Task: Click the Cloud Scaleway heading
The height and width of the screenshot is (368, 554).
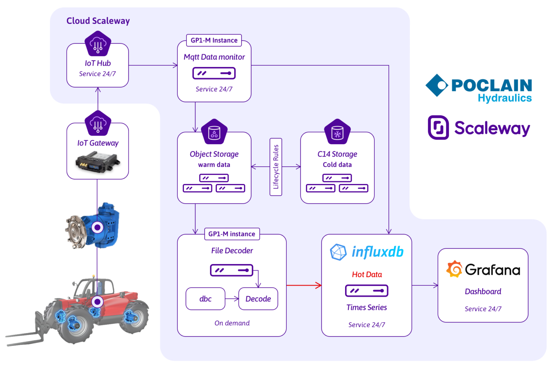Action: coord(98,21)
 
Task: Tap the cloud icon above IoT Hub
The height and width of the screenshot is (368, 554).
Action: coord(98,44)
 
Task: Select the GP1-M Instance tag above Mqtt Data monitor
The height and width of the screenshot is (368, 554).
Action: coord(214,40)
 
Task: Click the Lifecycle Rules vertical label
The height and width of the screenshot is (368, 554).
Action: coord(276,167)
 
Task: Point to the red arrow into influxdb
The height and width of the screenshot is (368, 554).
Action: coord(304,285)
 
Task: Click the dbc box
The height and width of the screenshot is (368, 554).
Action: coord(205,299)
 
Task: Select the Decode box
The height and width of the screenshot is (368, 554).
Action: coord(258,299)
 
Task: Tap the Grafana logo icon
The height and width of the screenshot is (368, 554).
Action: coord(454,269)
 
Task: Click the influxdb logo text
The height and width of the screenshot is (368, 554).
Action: coord(377,251)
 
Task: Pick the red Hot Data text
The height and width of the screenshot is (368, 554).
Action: coord(366,275)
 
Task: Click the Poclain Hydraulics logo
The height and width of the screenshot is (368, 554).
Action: coord(478,88)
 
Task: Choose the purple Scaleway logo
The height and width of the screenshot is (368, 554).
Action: coord(479,128)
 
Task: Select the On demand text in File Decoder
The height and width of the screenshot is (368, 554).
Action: coord(232,323)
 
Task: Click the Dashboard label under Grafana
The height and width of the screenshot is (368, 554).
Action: coord(483,292)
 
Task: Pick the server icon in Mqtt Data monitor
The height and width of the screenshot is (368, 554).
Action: coord(214,73)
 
